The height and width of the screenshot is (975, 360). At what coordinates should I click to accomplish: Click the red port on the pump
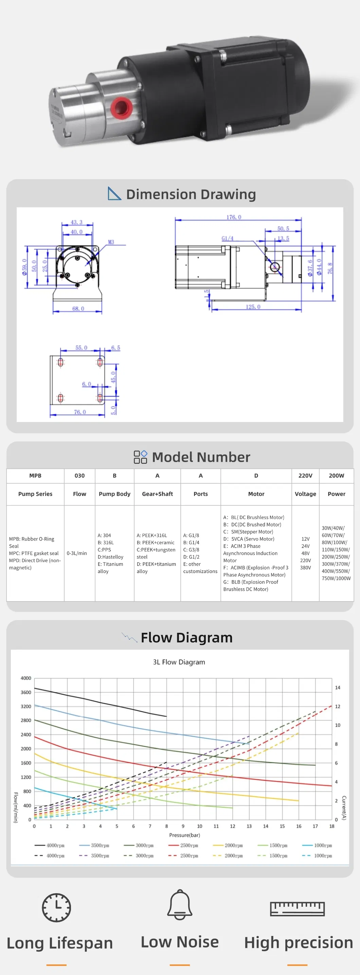(x=121, y=107)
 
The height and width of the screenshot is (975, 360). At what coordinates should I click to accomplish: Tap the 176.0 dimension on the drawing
(x=234, y=217)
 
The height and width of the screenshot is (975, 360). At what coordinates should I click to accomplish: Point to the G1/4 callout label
(x=228, y=238)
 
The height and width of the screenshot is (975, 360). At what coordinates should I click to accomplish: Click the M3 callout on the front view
(x=111, y=242)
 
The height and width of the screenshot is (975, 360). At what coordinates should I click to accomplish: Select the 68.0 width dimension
(x=78, y=309)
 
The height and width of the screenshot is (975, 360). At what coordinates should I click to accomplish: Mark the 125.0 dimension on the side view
(x=253, y=307)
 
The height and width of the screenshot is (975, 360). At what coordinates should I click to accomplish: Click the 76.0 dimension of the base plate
(x=80, y=412)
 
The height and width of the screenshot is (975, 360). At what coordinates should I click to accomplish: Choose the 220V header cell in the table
(x=305, y=475)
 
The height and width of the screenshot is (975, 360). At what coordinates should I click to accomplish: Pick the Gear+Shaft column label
(x=158, y=494)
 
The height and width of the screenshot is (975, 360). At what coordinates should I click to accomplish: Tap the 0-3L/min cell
(x=77, y=553)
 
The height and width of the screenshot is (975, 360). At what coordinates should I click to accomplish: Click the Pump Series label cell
(x=35, y=494)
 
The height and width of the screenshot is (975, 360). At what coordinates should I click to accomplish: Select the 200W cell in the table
(x=336, y=475)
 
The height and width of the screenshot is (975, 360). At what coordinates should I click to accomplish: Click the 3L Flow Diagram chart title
(x=179, y=662)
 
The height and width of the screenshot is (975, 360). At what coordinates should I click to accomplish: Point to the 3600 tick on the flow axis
(x=26, y=692)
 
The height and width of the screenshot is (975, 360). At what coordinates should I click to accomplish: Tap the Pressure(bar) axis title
(x=184, y=835)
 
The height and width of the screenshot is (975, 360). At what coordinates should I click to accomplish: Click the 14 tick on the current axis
(x=338, y=687)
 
